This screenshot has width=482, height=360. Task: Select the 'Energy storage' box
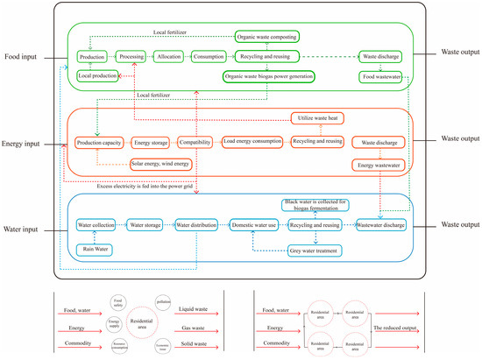[151, 141]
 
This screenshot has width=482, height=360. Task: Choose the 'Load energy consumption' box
[252, 141]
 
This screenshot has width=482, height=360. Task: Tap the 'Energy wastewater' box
[377, 164]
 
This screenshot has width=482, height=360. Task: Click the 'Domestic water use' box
[254, 225]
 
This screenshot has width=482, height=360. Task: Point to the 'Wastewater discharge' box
[380, 225]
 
